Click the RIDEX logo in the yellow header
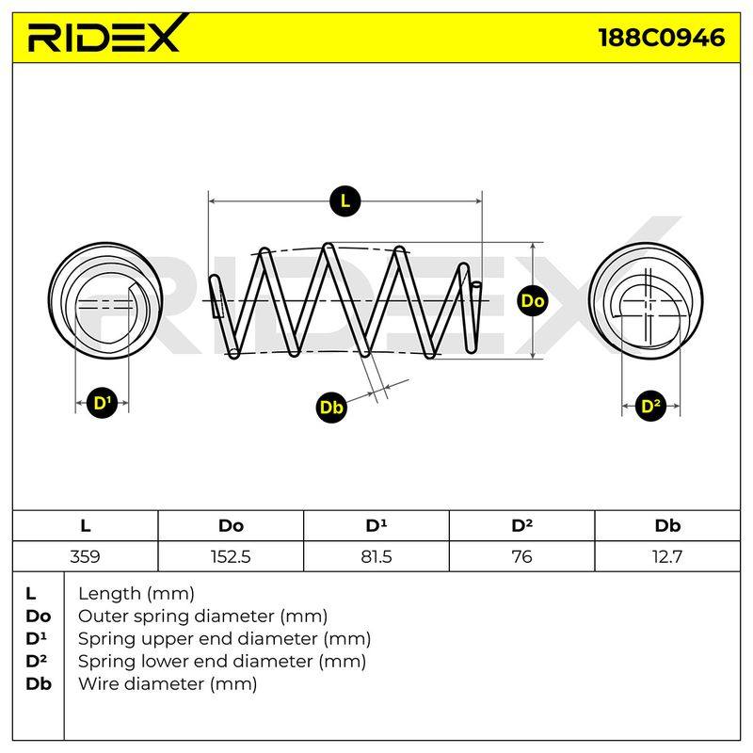(x=106, y=35)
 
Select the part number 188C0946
(x=662, y=38)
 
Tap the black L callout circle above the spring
(x=344, y=200)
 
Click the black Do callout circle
(x=532, y=300)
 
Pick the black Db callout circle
(x=331, y=408)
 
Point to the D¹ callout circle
(x=103, y=403)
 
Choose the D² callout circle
(x=650, y=407)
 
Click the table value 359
(x=85, y=556)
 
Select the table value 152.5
(x=231, y=556)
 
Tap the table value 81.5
(x=376, y=556)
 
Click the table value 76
(x=521, y=556)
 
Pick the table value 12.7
(x=667, y=556)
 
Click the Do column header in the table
(x=231, y=526)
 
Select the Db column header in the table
(x=667, y=526)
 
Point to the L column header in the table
(x=85, y=526)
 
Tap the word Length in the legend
(x=110, y=595)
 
